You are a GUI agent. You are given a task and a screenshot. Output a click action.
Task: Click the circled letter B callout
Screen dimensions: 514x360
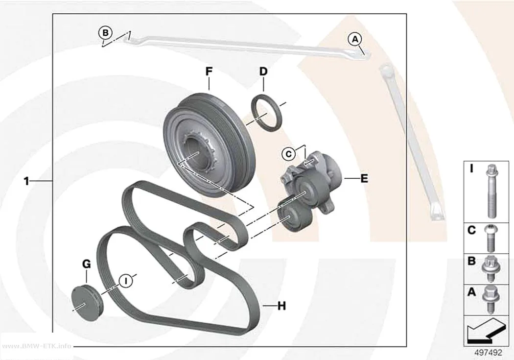[x=105, y=33]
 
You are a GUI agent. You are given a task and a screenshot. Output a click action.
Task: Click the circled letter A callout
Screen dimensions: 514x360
[x=355, y=39]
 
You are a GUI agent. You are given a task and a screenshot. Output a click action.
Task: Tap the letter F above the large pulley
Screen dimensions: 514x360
[x=209, y=72]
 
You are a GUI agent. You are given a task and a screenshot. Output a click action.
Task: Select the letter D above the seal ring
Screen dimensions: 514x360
[x=263, y=72]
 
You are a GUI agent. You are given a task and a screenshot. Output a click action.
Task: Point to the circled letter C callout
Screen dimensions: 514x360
[x=289, y=154]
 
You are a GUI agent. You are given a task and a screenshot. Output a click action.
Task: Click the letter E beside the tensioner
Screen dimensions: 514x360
[x=364, y=179]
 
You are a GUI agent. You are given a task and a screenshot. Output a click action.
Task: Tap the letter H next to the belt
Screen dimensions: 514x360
[x=281, y=306]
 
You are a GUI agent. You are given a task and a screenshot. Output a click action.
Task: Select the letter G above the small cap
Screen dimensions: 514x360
[x=86, y=264]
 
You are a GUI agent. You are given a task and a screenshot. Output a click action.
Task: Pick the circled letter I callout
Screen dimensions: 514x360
[x=125, y=281]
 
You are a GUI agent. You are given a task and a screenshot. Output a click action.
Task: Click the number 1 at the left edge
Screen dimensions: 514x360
[x=26, y=181]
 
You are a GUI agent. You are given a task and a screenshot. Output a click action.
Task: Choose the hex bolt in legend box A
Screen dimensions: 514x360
[x=490, y=298]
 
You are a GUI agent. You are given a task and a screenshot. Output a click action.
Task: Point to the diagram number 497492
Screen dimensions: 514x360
[x=488, y=353]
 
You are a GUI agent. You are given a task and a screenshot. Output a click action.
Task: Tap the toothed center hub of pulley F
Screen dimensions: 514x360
[x=197, y=151]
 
